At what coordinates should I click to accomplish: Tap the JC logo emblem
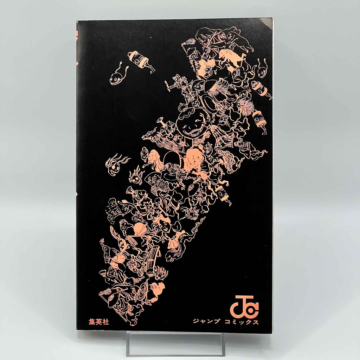[x=244, y=306]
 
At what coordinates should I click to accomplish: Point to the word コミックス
[x=242, y=321]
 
